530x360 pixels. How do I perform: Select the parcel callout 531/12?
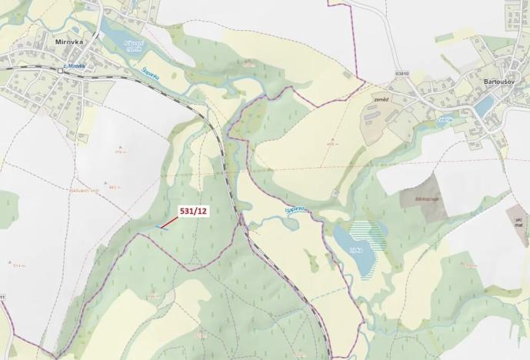click(x=193, y=210)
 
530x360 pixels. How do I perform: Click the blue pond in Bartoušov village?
click(x=484, y=105)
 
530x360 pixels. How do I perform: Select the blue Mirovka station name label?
click(x=75, y=67)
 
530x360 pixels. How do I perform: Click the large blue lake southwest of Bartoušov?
click(x=352, y=246)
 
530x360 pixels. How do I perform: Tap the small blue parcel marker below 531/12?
click(x=163, y=227)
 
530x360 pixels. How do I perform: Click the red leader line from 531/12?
click(x=171, y=221)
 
